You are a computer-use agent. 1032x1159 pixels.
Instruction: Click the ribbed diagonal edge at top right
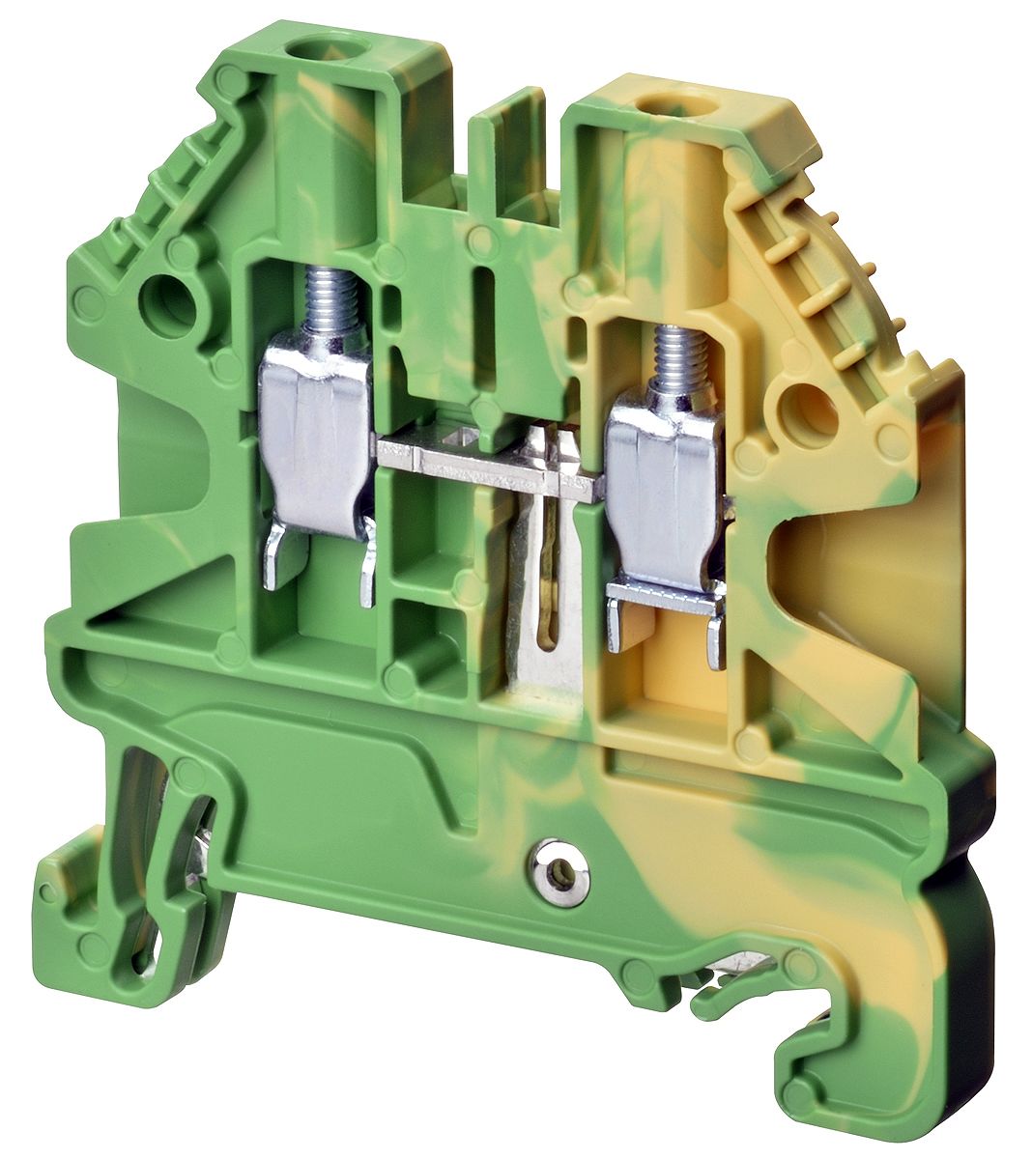[x=850, y=280]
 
